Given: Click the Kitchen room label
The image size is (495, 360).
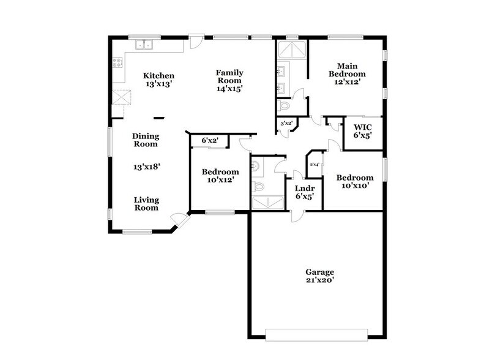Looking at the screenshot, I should tap(159, 76).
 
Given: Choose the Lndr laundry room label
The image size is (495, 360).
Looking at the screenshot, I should tap(304, 189).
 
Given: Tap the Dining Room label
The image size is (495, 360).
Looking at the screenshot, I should tap(146, 140).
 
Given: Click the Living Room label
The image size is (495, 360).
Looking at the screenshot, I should tap(147, 204).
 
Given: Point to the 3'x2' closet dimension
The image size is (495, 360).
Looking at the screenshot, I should tap(286, 124).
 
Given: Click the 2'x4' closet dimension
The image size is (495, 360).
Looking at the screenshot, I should tap(315, 164).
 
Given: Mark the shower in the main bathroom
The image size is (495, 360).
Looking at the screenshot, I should tap(292, 50).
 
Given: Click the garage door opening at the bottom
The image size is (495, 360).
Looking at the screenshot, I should tap(318, 334).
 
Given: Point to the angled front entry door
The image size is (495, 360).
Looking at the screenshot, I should tap(179, 220).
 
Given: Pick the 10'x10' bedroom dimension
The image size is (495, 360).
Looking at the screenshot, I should tap(354, 186).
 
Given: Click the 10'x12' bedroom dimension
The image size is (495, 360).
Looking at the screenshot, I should tap(220, 180).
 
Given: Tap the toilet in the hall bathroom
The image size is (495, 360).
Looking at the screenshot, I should tap(259, 186).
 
